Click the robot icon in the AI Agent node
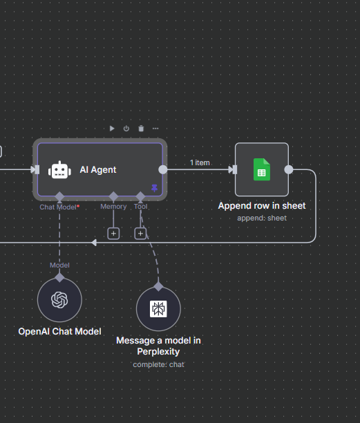click(x=59, y=170)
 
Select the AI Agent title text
click(x=98, y=170)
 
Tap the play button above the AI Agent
click(x=112, y=129)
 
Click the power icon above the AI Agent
click(x=126, y=129)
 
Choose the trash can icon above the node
click(x=141, y=129)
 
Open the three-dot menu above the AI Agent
click(x=155, y=129)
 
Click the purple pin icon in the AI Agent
click(x=155, y=188)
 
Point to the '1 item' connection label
click(x=200, y=162)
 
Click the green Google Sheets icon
click(x=262, y=169)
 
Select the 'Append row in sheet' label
click(x=262, y=205)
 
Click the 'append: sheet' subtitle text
click(x=262, y=218)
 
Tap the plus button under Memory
click(x=113, y=234)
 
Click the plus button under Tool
click(x=140, y=234)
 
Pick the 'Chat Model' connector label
click(x=58, y=207)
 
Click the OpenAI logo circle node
click(x=59, y=300)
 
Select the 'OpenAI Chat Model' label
click(x=59, y=331)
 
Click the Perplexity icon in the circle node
click(x=158, y=309)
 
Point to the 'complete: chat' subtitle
click(x=158, y=364)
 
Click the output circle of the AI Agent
click(x=163, y=169)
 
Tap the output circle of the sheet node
click(x=289, y=169)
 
